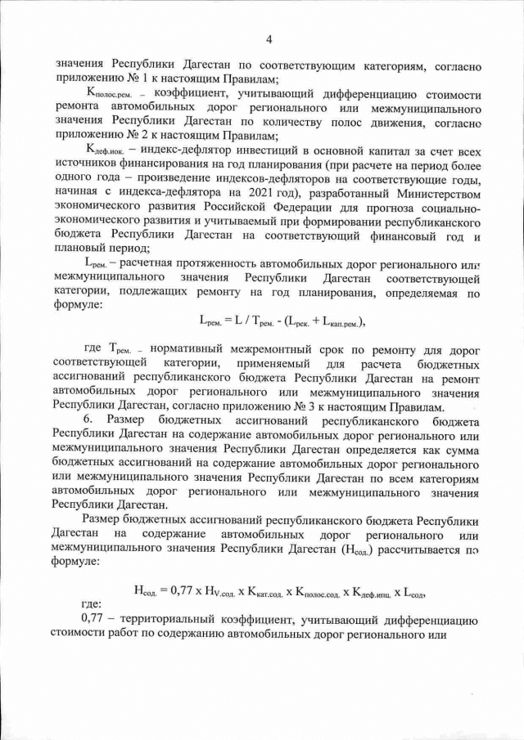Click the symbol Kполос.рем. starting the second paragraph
click(x=109, y=96)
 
